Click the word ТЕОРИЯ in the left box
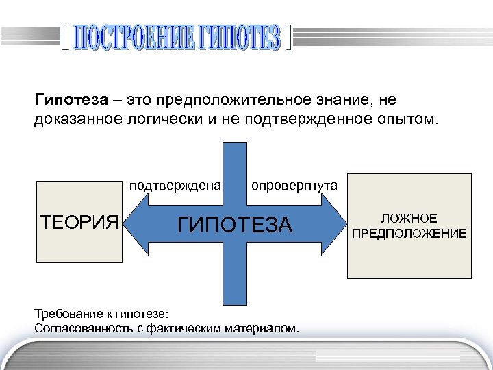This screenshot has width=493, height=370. pyautogui.click(x=78, y=222)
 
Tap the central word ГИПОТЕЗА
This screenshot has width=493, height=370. pyautogui.click(x=235, y=223)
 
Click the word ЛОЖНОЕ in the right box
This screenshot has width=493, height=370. pyautogui.click(x=409, y=218)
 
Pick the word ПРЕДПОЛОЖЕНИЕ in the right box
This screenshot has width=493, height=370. pyautogui.click(x=409, y=234)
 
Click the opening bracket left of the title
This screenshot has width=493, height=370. pyautogui.click(x=64, y=39)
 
